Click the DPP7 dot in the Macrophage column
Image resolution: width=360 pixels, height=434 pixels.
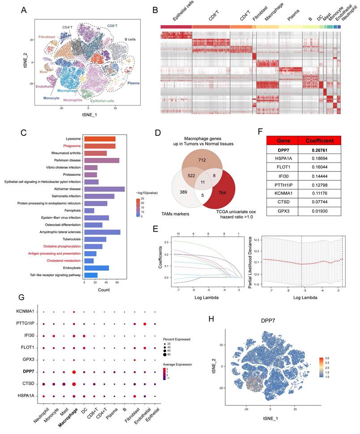click(x=74, y=371)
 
